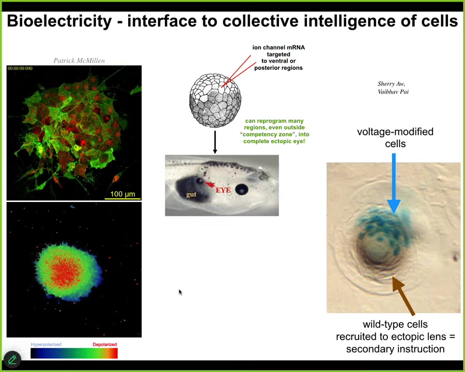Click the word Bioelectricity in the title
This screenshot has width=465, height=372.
coord(59,21)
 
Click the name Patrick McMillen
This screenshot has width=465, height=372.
coord(79,60)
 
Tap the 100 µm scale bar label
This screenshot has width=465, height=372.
coord(122,194)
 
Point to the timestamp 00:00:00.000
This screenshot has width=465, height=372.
coord(20,68)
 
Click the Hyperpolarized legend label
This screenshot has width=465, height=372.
coord(46,345)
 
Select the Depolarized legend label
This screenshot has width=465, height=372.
coord(105,345)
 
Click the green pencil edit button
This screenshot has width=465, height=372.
coord(12,360)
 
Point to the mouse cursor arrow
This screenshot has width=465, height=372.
coord(180,292)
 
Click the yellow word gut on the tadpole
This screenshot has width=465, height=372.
coord(191,194)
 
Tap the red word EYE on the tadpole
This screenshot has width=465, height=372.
coord(223,190)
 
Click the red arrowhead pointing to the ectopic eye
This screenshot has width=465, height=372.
coord(209,184)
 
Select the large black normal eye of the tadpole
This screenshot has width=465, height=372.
coord(241,189)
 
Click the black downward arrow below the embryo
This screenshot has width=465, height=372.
coord(215,142)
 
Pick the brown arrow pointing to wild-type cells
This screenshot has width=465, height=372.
coord(404,296)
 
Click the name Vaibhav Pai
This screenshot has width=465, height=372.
coord(393,91)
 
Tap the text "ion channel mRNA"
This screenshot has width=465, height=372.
coord(278,48)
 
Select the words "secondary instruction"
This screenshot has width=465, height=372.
coord(395,349)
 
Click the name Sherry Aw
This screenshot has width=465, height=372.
coord(391,84)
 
